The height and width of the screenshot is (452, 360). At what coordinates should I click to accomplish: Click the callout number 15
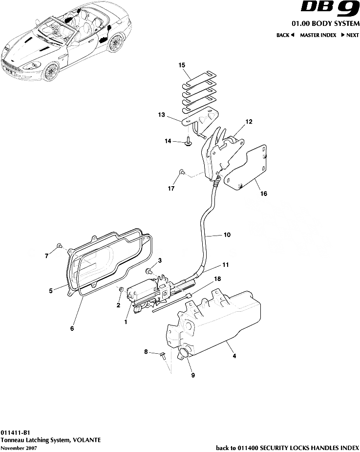(x=168, y=65)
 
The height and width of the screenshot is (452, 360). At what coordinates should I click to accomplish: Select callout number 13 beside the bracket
(x=161, y=115)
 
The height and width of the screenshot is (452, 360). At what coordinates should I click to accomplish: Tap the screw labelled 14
(x=189, y=142)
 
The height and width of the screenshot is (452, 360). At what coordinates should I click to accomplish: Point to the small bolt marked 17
(x=182, y=172)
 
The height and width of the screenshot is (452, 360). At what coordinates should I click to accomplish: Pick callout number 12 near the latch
(x=249, y=121)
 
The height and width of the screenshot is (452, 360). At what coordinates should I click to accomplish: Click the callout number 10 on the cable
(x=227, y=235)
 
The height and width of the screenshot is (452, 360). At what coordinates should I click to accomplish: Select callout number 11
(x=225, y=265)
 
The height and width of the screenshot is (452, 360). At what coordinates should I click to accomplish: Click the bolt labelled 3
(x=149, y=270)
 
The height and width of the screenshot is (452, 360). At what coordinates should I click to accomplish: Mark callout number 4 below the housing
(x=234, y=356)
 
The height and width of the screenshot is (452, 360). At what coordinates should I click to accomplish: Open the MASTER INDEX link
(x=318, y=35)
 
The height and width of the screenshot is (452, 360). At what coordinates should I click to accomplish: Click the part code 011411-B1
(x=15, y=432)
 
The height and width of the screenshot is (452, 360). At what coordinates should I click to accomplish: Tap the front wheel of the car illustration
(x=50, y=72)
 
